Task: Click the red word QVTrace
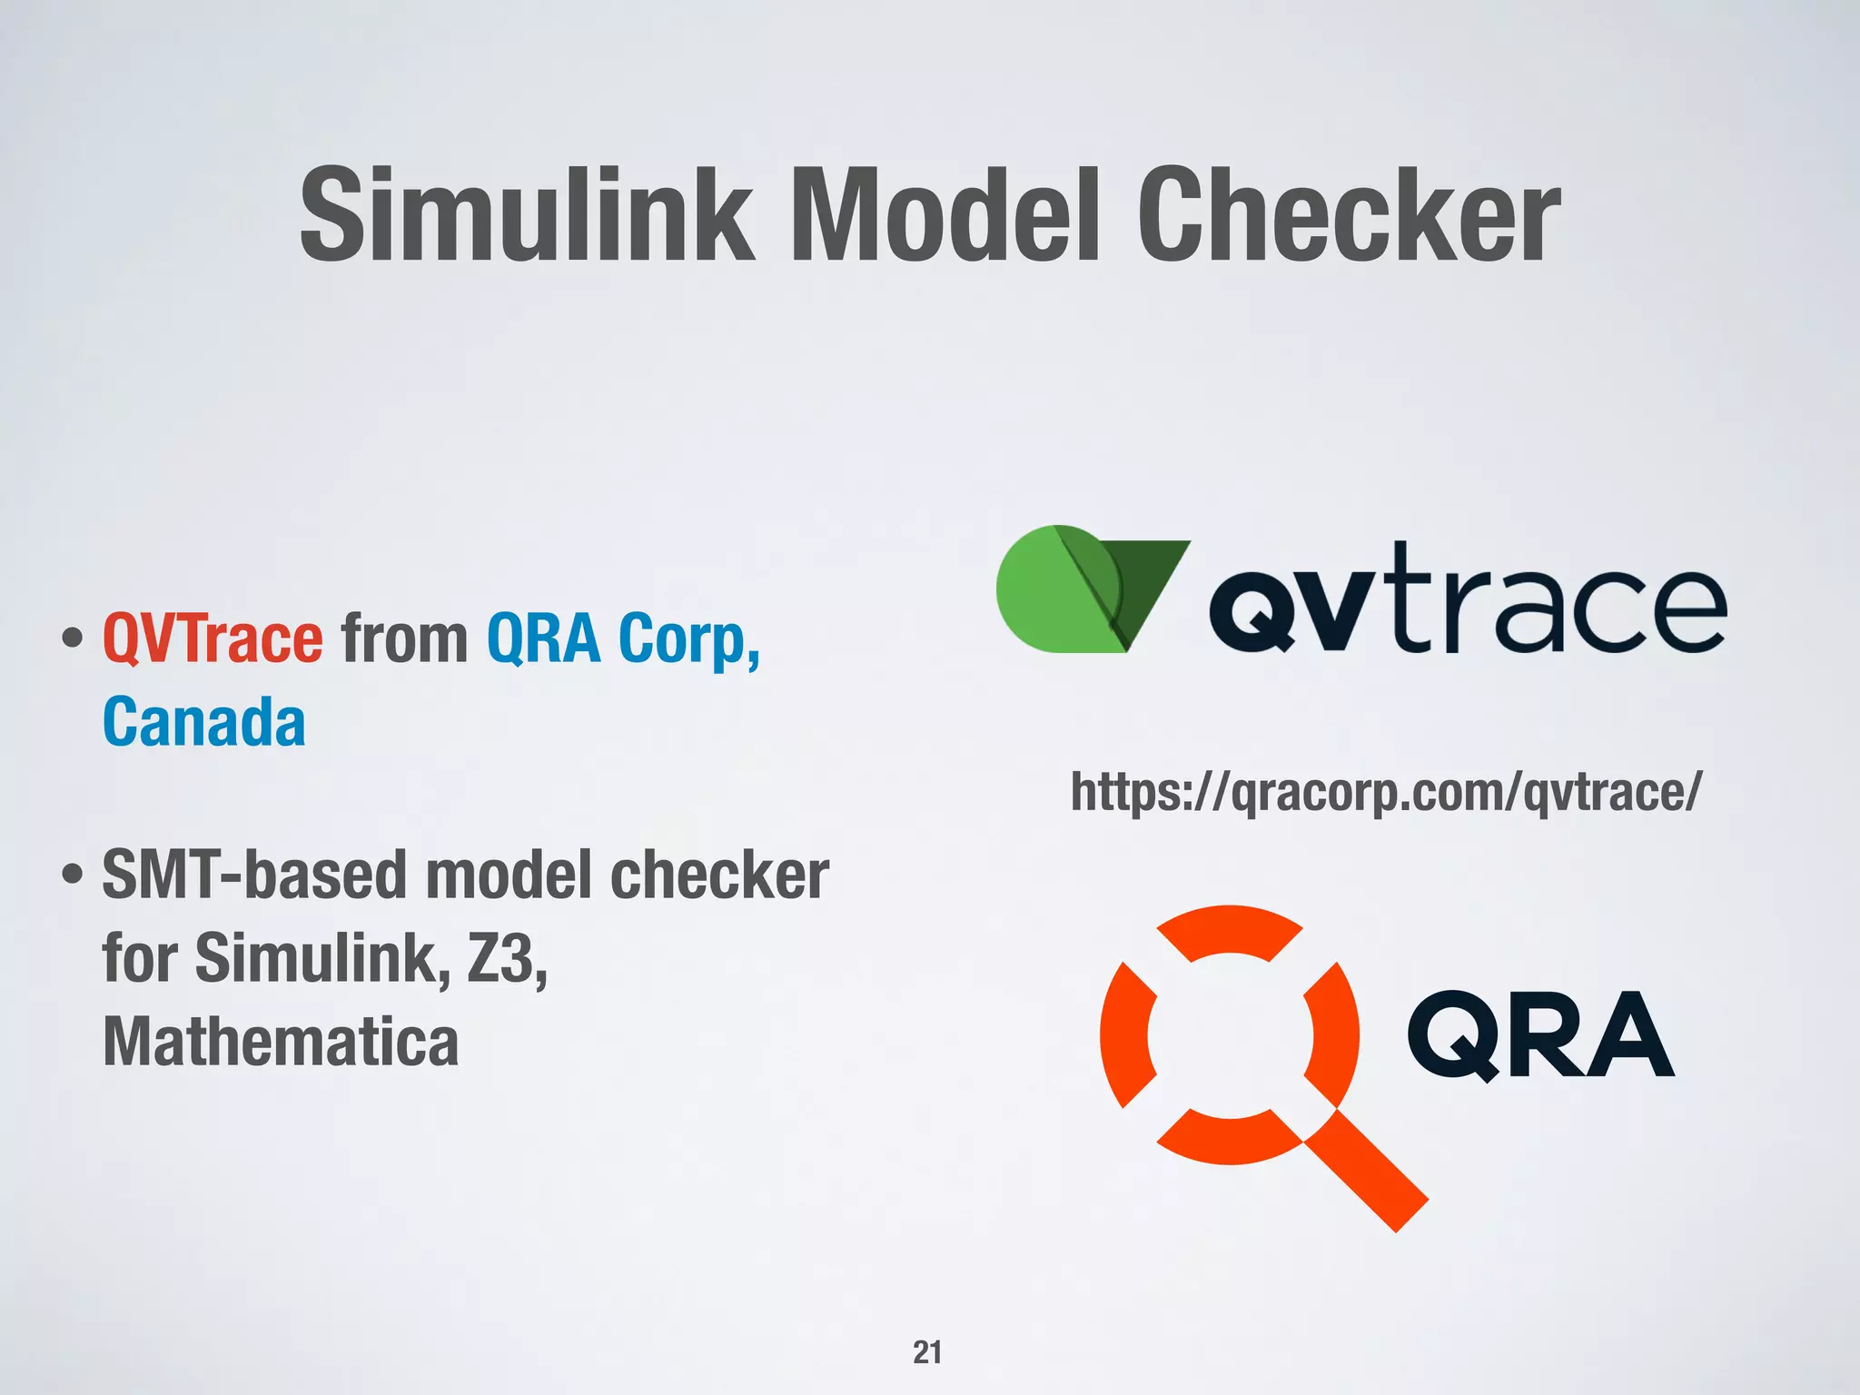pyautogui.click(x=213, y=638)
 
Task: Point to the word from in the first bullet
pyautogui.click(x=404, y=638)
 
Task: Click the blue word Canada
pyautogui.click(x=204, y=722)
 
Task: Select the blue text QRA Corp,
pyautogui.click(x=623, y=638)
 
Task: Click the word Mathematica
pyautogui.click(x=281, y=1042)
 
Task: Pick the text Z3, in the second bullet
pyautogui.click(x=507, y=958)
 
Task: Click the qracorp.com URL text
pyautogui.click(x=1386, y=791)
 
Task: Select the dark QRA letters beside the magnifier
pyautogui.click(x=1539, y=1035)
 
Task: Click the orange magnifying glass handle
pyautogui.click(x=1367, y=1172)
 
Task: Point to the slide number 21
pyautogui.click(x=927, y=1352)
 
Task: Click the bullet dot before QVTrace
pyautogui.click(x=73, y=639)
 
